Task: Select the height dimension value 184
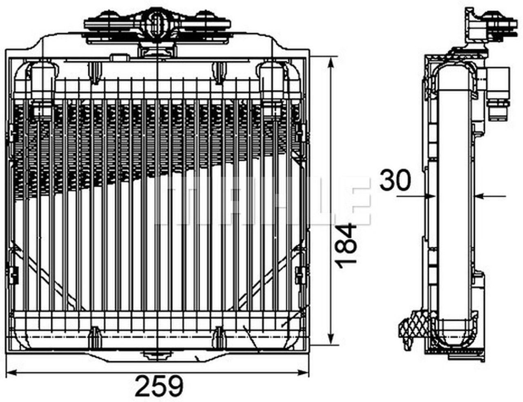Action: pos(346,246)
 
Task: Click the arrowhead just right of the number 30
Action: pos(429,196)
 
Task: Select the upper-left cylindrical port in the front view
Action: pos(41,82)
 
